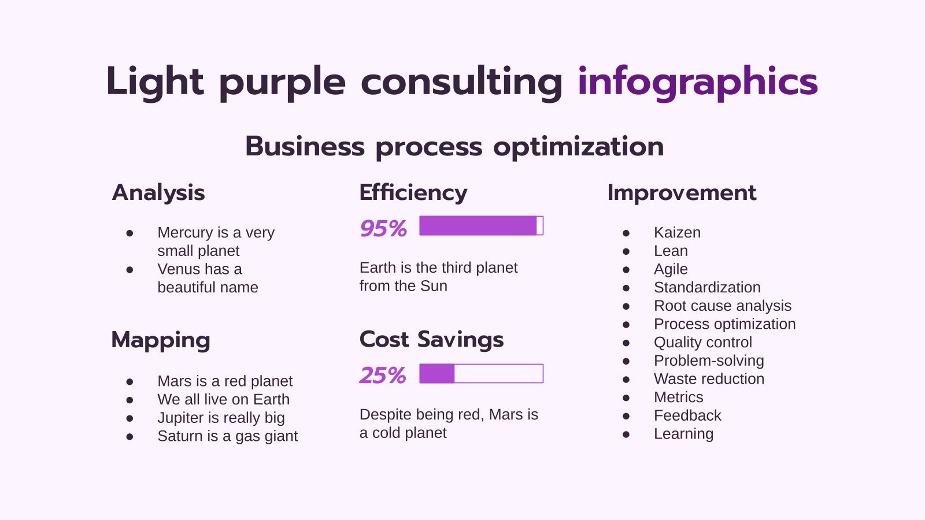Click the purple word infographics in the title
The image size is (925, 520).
[697, 81]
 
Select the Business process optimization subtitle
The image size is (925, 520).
[454, 146]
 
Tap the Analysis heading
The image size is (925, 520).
[158, 192]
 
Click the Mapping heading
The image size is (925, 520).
[161, 340]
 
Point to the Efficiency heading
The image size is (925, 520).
[413, 192]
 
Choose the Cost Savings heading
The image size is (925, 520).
[431, 339]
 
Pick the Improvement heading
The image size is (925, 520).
[682, 192]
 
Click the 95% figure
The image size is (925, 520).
[383, 228]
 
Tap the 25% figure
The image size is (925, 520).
[383, 375]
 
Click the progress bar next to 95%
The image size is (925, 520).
[481, 226]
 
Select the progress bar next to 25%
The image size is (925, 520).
[481, 374]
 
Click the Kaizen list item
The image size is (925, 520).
[677, 232]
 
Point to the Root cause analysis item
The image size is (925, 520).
[722, 306]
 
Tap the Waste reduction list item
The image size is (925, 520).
[709, 379]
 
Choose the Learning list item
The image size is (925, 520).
[683, 434]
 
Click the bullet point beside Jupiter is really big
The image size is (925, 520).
[129, 418]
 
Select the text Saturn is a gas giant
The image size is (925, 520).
[227, 436]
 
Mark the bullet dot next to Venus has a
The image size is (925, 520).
[129, 270]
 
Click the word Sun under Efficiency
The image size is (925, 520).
[434, 286]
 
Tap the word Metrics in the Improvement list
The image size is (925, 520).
[678, 398]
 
